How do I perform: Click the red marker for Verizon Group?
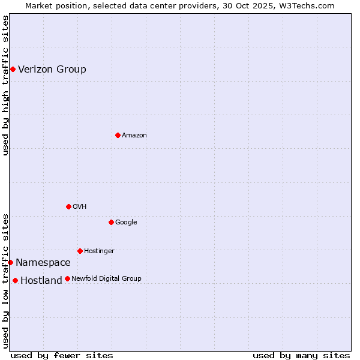(13, 69)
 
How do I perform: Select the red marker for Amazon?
(118, 135)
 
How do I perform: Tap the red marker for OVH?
(68, 206)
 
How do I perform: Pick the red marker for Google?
(111, 222)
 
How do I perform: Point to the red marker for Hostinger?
(80, 251)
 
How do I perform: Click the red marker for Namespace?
(10, 262)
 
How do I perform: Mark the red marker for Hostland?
(15, 280)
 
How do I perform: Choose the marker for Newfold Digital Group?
(67, 278)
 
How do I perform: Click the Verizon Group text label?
(52, 69)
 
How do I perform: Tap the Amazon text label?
(134, 136)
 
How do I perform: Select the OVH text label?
(80, 207)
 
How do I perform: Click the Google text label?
(126, 223)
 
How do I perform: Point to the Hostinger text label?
(99, 251)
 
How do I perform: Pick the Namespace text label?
(43, 263)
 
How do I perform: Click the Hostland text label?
(41, 281)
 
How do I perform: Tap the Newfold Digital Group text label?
(106, 279)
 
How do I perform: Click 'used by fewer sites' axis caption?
(62, 355)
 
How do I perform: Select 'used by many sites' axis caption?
(301, 355)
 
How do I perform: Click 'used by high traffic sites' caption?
(5, 85)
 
